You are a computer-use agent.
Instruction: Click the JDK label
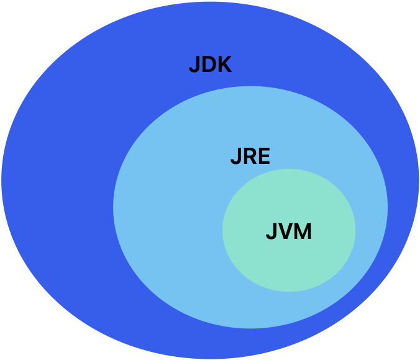pos(210,65)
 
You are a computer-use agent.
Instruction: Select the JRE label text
pos(250,156)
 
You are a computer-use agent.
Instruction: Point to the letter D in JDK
pos(208,65)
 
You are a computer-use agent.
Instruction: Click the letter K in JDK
pos(224,65)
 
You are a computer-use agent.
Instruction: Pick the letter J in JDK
pos(194,65)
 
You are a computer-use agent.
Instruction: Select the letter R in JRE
pos(249,156)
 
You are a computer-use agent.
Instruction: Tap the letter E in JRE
pos(264,156)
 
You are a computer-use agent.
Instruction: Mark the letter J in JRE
pos(235,156)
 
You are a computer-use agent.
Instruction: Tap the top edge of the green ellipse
pos(289,170)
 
